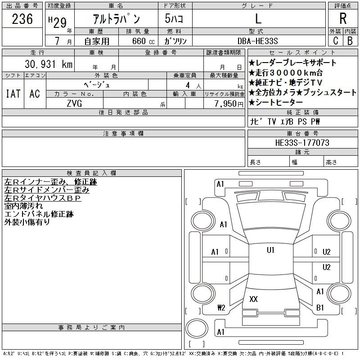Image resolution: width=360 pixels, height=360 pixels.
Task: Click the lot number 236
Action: click(x=22, y=19)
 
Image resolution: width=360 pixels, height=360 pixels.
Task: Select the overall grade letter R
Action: click(x=343, y=18)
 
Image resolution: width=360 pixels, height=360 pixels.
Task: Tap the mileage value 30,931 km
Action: click(x=49, y=64)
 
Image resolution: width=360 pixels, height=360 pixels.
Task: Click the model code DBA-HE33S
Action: click(x=257, y=41)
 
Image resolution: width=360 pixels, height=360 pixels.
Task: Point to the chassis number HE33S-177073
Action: click(x=302, y=143)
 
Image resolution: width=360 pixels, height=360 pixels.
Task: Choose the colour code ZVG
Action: click(x=74, y=103)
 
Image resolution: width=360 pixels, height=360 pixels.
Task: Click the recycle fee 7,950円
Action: click(x=229, y=103)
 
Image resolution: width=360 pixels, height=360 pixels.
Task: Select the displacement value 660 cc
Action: click(x=143, y=41)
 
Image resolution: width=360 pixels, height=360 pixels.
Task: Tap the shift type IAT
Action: click(x=13, y=94)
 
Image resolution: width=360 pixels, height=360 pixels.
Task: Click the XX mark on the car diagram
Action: click(x=253, y=299)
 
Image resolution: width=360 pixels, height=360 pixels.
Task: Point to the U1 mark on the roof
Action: click(x=270, y=250)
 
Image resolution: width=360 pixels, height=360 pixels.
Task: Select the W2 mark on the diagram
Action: click(x=221, y=308)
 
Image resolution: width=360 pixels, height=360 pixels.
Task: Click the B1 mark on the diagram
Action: click(x=320, y=307)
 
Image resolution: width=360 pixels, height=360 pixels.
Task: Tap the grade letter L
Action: click(x=258, y=18)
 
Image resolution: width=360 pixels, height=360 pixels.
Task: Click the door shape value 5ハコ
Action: click(x=174, y=18)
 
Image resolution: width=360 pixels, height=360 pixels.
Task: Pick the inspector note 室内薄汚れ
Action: click(x=23, y=206)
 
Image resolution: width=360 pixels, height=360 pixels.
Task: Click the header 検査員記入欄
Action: click(x=92, y=173)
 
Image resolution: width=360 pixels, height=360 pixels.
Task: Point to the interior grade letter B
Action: click(x=350, y=41)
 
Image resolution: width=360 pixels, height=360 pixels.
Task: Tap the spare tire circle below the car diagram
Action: click(x=197, y=328)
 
